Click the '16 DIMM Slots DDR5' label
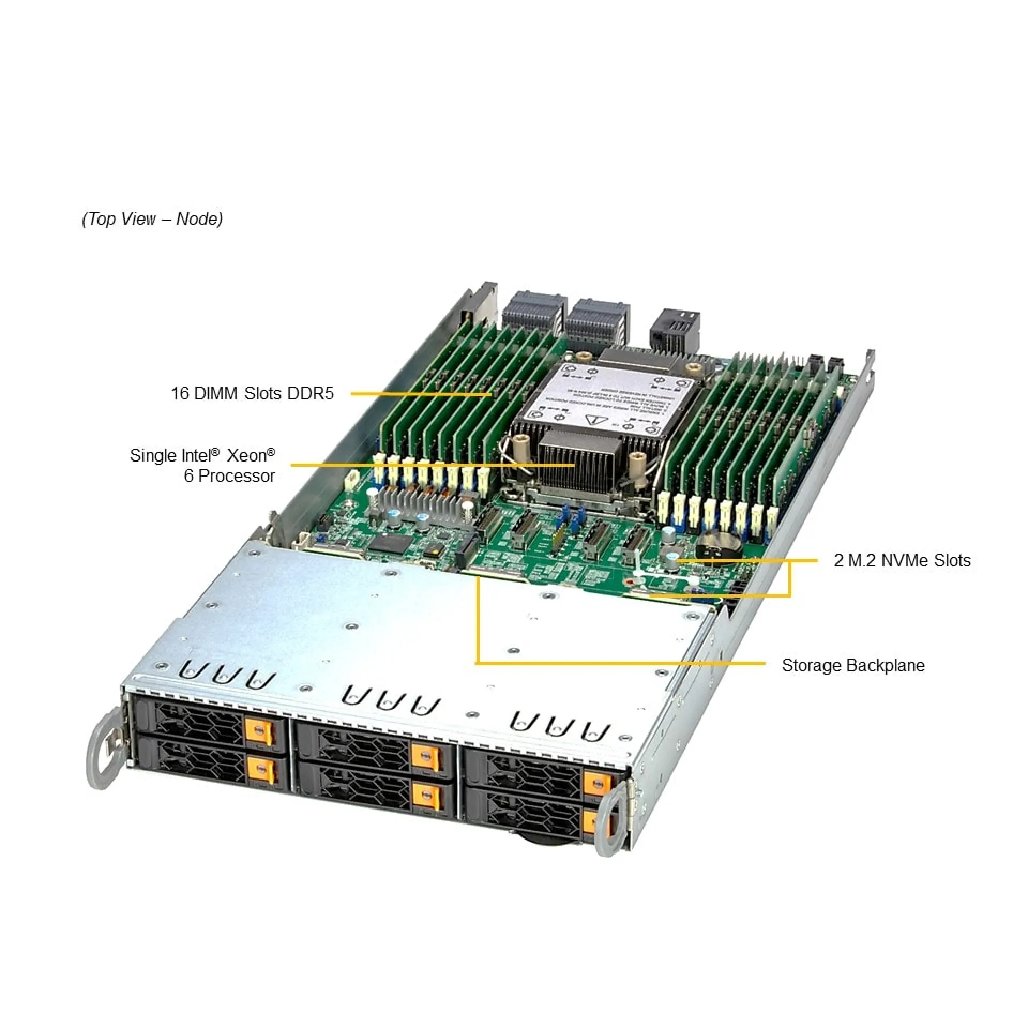252,394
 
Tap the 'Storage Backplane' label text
853,666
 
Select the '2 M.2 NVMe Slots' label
902,560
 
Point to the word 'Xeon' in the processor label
248,456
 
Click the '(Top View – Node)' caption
153,219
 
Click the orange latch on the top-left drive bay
259,731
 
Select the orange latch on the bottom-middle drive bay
427,797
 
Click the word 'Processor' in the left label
237,476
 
